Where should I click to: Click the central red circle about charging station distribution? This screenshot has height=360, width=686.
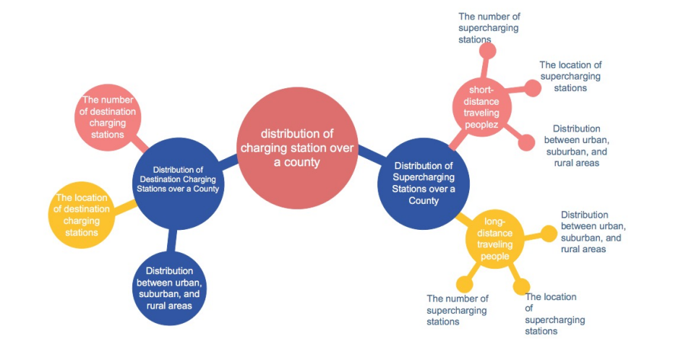pyautogui.click(x=299, y=149)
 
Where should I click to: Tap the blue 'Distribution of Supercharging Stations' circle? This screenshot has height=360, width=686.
pyautogui.click(x=424, y=183)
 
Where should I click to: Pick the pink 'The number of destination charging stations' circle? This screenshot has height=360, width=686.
pyautogui.click(x=107, y=118)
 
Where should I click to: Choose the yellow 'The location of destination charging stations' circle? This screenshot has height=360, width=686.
pyautogui.click(x=81, y=214)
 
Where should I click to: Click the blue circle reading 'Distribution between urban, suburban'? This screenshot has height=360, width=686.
pyautogui.click(x=170, y=287)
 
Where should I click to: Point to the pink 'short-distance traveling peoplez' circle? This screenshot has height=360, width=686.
pyautogui.click(x=484, y=108)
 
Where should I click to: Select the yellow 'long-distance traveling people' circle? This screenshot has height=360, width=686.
pyautogui.click(x=494, y=239)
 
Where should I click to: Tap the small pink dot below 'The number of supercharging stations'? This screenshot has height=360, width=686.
pyautogui.click(x=488, y=51)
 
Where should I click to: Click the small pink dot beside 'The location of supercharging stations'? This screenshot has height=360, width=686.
pyautogui.click(x=532, y=88)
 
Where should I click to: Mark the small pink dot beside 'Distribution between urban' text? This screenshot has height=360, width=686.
pyautogui.click(x=527, y=142)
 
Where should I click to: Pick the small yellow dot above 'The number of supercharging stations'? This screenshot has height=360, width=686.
pyautogui.click(x=463, y=284)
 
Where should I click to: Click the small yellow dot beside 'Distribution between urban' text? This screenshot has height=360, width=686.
pyautogui.click(x=550, y=233)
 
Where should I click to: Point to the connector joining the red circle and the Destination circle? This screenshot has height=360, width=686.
pyautogui.click(x=230, y=163)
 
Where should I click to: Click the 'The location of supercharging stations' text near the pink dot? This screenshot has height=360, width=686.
pyautogui.click(x=570, y=76)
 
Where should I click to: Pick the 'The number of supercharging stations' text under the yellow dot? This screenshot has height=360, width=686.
pyautogui.click(x=457, y=309)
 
